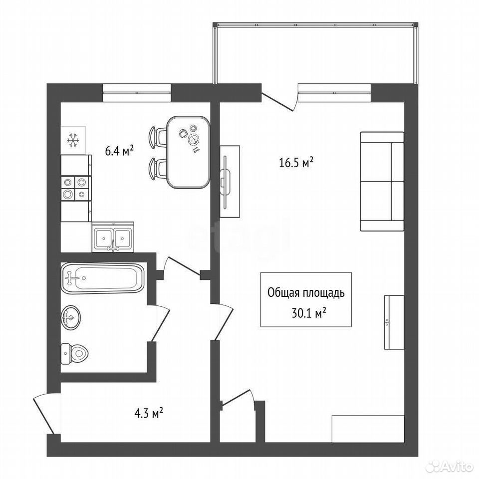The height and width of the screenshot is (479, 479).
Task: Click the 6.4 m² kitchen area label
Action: point(119,151)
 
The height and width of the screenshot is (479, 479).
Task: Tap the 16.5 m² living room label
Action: point(296,163)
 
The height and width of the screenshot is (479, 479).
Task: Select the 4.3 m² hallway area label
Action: point(149,414)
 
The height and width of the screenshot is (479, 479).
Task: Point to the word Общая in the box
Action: point(284,293)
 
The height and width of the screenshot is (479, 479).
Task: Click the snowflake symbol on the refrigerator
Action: point(73,140)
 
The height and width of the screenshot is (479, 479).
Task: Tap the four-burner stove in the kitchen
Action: point(76,188)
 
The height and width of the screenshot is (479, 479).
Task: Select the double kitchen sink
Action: point(113,237)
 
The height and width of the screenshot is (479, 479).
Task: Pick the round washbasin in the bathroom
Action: point(71,318)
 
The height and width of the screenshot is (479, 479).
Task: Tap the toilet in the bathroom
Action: point(74,354)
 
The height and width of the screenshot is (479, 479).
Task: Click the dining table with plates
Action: point(189,152)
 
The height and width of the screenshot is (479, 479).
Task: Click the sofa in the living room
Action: point(382,182)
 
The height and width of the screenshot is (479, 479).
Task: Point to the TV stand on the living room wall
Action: point(230,182)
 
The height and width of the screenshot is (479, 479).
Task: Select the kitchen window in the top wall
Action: point(137,93)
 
